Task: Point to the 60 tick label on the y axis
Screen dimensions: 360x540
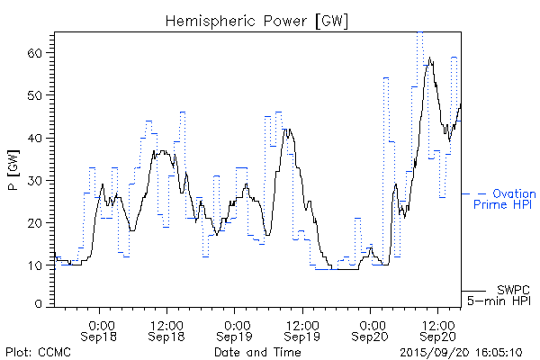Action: pos(33,53)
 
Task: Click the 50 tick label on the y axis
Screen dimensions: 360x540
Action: pos(33,95)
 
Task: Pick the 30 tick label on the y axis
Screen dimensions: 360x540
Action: pos(33,180)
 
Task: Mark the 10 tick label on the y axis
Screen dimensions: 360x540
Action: pos(33,265)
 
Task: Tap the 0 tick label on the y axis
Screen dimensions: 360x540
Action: pos(38,305)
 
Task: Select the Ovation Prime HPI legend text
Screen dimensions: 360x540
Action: pos(504,199)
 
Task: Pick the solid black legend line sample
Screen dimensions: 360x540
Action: pos(473,291)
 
